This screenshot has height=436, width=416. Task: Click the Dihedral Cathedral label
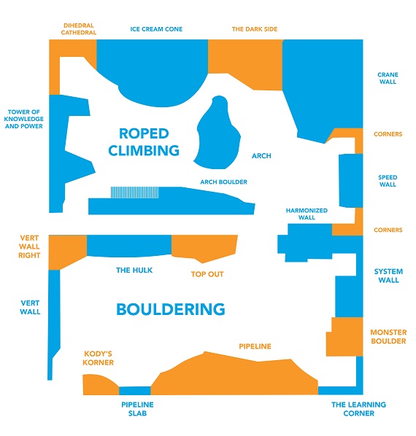(x=79, y=29)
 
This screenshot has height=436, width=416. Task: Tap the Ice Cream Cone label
(x=156, y=29)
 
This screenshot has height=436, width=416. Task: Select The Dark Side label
(x=255, y=29)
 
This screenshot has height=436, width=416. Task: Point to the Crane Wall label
(x=388, y=78)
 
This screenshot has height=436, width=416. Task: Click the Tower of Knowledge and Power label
(x=24, y=119)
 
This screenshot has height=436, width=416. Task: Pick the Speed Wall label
(x=388, y=181)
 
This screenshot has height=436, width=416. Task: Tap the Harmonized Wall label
(x=307, y=214)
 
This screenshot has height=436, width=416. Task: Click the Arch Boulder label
(x=224, y=182)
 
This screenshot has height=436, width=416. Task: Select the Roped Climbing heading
(x=144, y=142)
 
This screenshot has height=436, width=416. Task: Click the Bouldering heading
(x=171, y=309)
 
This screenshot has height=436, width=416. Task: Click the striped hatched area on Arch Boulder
(x=135, y=192)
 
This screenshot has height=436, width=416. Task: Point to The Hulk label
(x=134, y=270)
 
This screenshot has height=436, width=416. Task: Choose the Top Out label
(x=207, y=274)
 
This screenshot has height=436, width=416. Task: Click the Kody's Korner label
(x=99, y=358)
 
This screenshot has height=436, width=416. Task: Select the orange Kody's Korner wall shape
(x=99, y=385)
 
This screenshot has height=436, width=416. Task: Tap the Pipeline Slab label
(x=137, y=409)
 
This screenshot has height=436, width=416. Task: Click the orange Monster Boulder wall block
(x=345, y=337)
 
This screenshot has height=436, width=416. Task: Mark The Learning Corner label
(x=358, y=409)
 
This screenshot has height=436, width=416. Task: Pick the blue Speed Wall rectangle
(x=350, y=181)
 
